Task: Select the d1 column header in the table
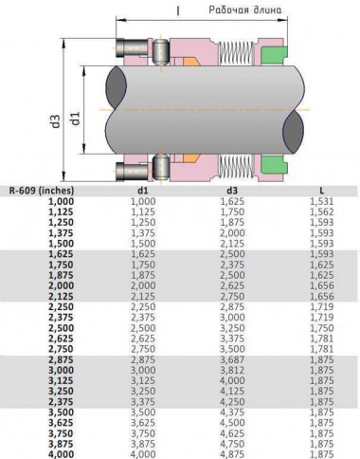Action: [x=142, y=190]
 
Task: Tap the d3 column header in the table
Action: [x=232, y=190]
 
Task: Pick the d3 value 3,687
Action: [x=232, y=365]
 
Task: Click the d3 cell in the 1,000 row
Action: [x=232, y=201]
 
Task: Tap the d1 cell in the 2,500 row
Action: [x=142, y=332]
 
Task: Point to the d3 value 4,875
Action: [x=232, y=452]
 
